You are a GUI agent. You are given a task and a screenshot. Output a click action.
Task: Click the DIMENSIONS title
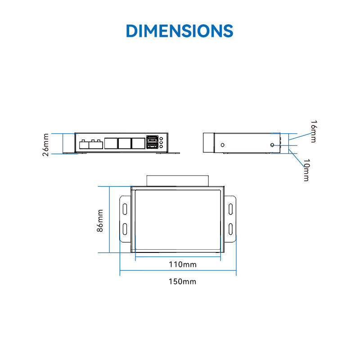180,31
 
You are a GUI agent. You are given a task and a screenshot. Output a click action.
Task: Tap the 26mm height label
46,145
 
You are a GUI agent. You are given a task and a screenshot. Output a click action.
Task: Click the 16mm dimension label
314,131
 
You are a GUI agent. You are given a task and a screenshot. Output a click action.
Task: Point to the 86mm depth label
100,220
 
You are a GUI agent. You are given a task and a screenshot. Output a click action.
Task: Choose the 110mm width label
183,265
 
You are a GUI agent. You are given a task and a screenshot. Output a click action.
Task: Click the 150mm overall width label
182,282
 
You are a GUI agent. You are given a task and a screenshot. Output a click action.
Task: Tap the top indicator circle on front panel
161,139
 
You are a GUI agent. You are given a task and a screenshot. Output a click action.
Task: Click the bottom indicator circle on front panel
161,147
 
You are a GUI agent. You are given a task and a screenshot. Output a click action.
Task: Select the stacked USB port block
152,142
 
